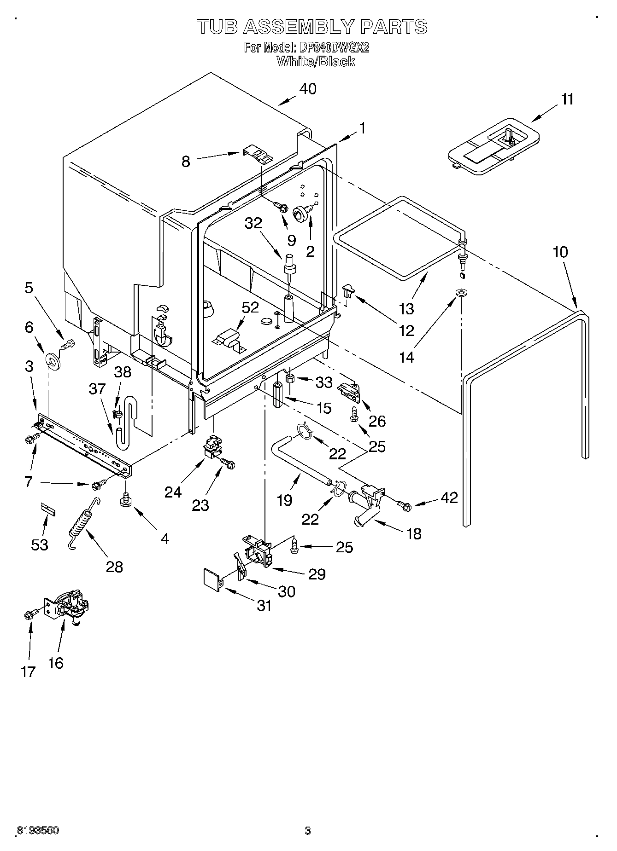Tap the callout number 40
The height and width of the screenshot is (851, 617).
(308, 88)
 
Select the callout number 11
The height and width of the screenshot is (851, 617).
(567, 99)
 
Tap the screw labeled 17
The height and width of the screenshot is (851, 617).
(30, 614)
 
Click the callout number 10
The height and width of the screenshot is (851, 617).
(560, 252)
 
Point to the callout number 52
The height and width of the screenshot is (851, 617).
(250, 307)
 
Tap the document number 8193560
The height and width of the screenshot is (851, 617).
(38, 831)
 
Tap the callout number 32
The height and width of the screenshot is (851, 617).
(253, 223)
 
